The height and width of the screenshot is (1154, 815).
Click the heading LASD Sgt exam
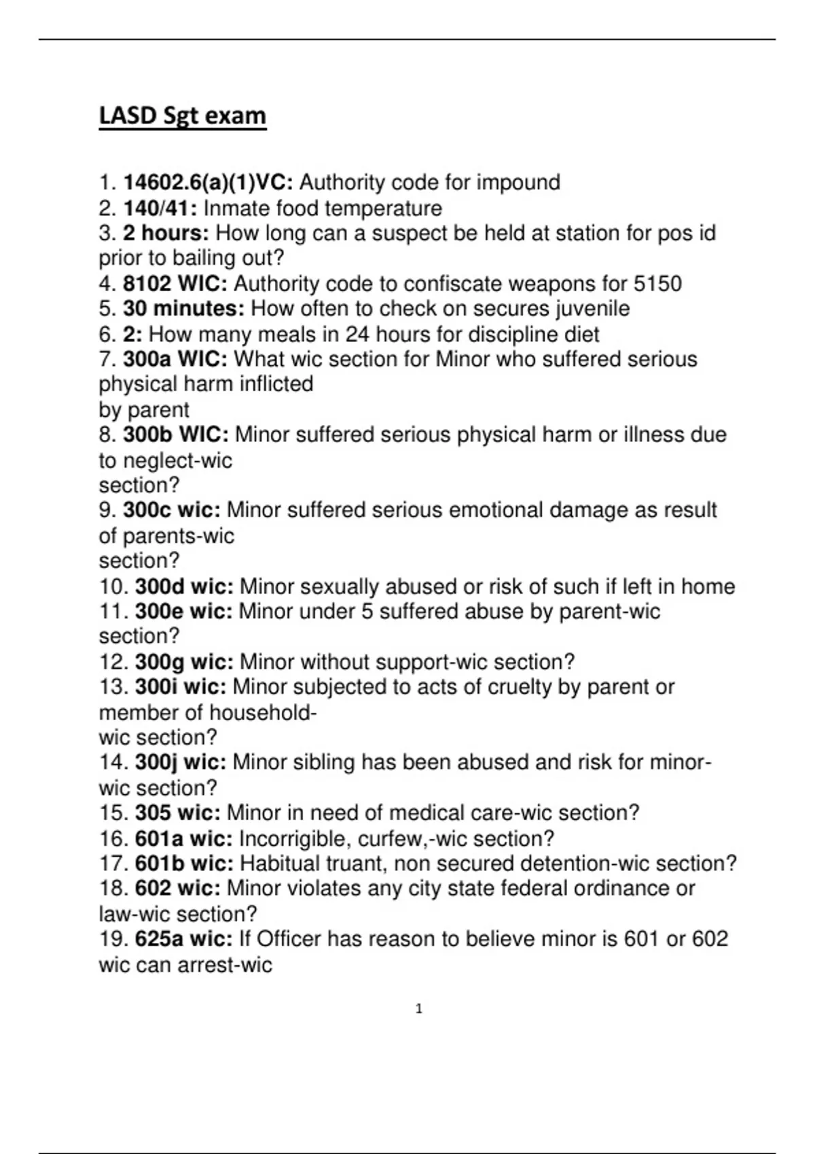pos(182,116)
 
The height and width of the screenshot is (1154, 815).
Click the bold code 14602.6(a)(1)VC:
pos(208,183)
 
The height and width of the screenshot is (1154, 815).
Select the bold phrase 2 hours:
pos(166,234)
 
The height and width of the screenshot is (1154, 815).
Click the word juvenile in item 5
pos(593,309)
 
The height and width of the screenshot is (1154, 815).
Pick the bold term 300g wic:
pos(184,662)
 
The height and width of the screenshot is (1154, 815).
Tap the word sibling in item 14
pos(324,762)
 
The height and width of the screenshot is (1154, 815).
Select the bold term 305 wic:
pos(178,813)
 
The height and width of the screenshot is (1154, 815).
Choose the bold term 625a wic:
pos(183,939)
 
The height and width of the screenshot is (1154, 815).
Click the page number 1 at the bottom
pos(418,1009)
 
